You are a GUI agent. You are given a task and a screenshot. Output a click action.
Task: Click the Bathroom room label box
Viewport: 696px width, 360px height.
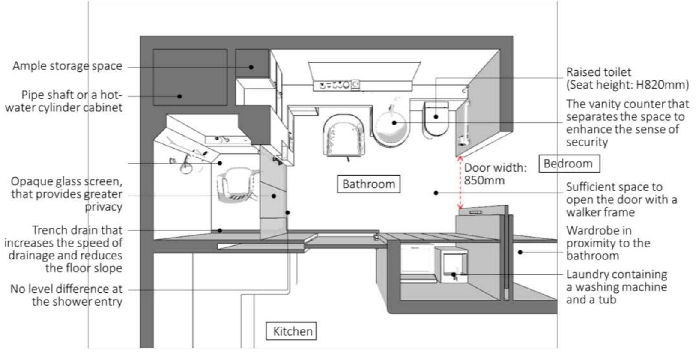(368, 184)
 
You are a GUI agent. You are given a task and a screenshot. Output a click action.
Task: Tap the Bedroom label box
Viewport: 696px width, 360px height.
(568, 164)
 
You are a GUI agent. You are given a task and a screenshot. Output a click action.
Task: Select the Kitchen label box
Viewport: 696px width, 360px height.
(291, 331)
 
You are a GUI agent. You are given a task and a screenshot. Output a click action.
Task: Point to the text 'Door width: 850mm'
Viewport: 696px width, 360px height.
(495, 173)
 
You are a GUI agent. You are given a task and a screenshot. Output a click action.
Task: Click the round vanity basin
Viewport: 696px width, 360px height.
(392, 125)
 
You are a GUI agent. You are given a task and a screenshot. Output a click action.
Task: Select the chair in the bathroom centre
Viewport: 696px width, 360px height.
(344, 135)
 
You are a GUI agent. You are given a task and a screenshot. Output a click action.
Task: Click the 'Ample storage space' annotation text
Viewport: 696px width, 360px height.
(67, 66)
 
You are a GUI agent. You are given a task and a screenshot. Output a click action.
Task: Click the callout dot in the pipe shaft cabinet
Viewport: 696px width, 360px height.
(179, 96)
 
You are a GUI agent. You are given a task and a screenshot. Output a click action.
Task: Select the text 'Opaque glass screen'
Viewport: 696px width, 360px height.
(66, 181)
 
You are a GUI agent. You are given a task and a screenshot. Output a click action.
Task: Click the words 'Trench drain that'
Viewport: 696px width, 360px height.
(77, 230)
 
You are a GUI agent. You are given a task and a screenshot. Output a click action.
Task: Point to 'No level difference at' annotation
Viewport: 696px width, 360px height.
(66, 289)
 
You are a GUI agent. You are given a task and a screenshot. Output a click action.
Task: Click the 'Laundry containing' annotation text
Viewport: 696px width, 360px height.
(616, 274)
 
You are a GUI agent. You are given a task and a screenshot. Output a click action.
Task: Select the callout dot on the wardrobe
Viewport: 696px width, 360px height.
(520, 252)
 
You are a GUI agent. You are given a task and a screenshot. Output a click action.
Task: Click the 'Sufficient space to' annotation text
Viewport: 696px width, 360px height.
(614, 187)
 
